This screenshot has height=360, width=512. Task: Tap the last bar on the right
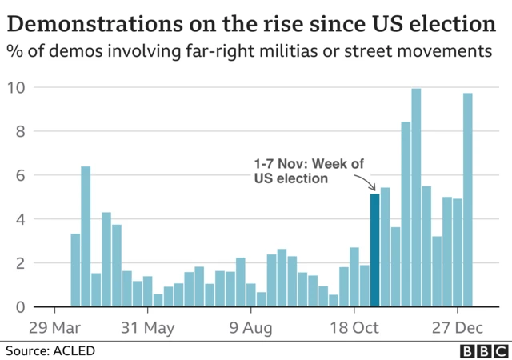coord(468,200)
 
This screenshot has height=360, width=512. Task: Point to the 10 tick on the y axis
coord(17,87)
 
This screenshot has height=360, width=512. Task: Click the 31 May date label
coord(147,327)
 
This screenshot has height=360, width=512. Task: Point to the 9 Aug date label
coord(251,327)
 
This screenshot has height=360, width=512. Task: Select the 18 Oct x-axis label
coord(354,327)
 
